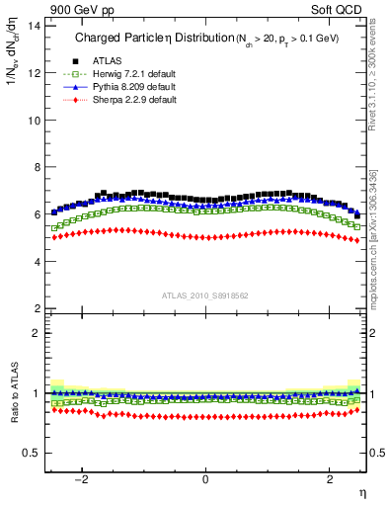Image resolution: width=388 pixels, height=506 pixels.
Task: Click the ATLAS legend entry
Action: tap(106, 61)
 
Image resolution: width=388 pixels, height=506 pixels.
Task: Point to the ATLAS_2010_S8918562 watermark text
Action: tap(204, 295)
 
